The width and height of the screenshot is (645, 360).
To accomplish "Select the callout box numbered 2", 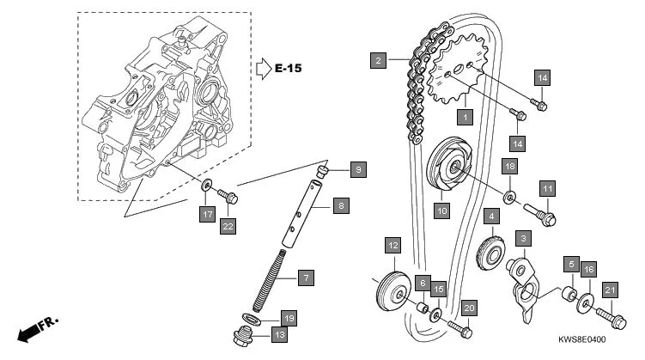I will point(377,60).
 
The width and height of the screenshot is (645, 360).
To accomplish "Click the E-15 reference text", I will point(289,67).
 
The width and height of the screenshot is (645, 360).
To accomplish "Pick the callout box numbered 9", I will point(358,169).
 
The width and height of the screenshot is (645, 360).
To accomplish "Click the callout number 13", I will point(280,334).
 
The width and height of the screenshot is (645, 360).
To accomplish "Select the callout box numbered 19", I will point(289,318).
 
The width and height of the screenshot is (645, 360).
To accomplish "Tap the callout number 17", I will point(207,215).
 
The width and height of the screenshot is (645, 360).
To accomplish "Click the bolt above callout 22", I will point(228,195).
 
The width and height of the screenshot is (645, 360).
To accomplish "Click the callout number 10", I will point(441,209).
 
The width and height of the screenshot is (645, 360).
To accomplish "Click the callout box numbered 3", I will point(521,236).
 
